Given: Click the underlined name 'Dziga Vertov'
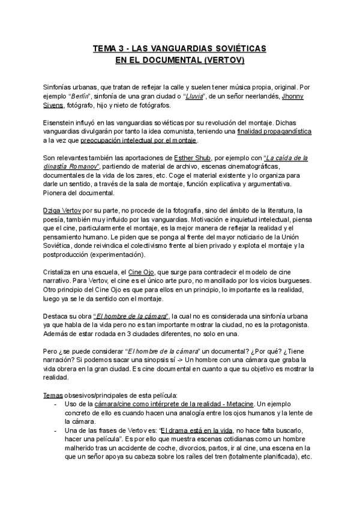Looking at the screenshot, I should pyautogui.click(x=64, y=210).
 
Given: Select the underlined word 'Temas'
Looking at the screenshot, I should pyautogui.click(x=55, y=394).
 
